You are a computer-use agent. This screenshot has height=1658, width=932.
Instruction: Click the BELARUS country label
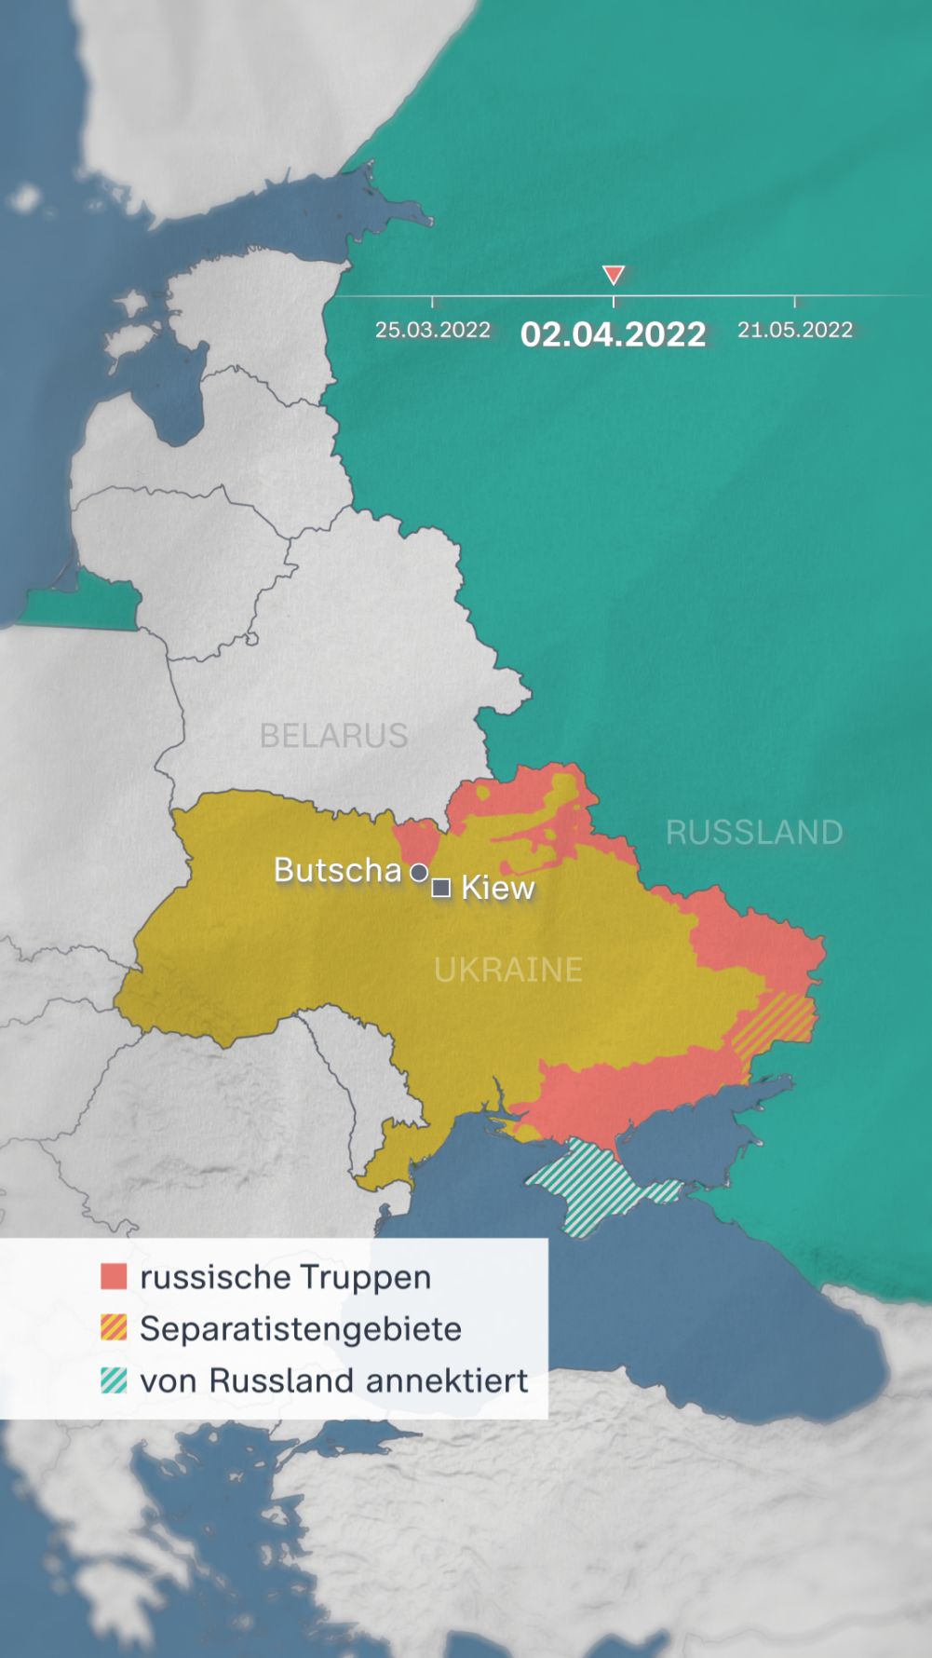(333, 736)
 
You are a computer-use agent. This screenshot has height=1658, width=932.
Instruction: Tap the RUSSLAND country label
(754, 832)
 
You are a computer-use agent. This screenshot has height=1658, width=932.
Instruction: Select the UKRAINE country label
(508, 970)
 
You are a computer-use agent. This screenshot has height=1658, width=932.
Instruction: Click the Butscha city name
(337, 870)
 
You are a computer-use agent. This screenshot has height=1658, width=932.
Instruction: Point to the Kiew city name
(498, 888)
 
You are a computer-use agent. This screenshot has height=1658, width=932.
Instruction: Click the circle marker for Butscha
(420, 873)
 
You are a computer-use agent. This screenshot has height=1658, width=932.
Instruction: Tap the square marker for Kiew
(441, 888)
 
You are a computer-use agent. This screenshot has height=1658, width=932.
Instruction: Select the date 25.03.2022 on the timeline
(432, 330)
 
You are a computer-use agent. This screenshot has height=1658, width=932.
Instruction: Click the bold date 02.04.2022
(613, 334)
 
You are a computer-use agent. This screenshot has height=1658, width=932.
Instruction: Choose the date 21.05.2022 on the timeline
(795, 330)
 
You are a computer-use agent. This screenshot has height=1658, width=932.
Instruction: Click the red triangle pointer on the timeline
(613, 275)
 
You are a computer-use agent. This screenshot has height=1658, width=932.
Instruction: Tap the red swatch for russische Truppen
(114, 1276)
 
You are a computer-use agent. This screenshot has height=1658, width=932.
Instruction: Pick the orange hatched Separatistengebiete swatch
(114, 1327)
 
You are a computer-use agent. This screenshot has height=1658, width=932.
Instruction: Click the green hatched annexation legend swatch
(114, 1379)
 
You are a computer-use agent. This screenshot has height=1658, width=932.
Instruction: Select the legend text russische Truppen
(285, 1277)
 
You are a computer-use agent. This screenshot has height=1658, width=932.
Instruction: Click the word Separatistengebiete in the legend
(300, 1329)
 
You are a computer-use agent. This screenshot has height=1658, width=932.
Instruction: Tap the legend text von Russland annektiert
(333, 1380)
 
